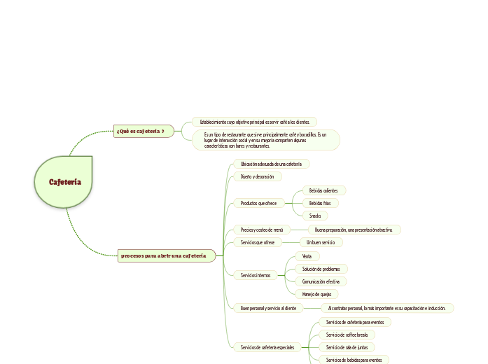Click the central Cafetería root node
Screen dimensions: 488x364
point(64,182)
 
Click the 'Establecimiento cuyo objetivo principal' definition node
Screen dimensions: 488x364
point(254,122)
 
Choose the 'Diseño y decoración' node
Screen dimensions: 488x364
point(257,176)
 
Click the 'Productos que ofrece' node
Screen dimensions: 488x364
point(258,203)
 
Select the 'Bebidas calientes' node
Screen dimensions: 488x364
point(323,190)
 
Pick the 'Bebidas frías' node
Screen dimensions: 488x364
point(320,203)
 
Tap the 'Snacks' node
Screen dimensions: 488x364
point(315,216)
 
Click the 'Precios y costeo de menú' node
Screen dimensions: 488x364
point(261,230)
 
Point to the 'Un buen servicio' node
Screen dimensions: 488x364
point(320,242)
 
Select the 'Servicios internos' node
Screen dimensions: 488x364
point(255,275)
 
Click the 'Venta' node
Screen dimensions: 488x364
point(307,256)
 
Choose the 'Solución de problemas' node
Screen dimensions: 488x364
point(321,269)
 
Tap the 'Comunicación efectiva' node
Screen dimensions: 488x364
point(321,281)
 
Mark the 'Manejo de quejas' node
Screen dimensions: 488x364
point(316,294)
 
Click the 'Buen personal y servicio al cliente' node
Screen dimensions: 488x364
point(268,308)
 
